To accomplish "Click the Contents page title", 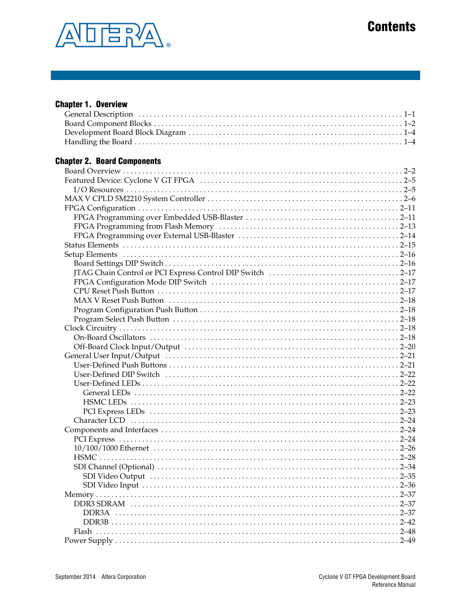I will (x=391, y=27).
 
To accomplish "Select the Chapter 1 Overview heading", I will (x=91, y=104).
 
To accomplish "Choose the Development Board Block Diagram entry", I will (x=125, y=132).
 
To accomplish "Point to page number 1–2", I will (x=409, y=123).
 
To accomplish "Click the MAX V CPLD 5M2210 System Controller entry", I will (x=134, y=199).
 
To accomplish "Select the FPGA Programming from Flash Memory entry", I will (x=144, y=226).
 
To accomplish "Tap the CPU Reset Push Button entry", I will (x=114, y=291).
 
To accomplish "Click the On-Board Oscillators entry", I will (x=110, y=337).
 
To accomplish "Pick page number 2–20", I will (x=407, y=347).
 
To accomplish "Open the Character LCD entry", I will (x=99, y=420).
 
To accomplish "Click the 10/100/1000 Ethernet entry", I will (x=111, y=448).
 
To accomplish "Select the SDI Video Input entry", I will (x=111, y=485).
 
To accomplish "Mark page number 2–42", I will (x=407, y=522).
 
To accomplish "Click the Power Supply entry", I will (x=88, y=540).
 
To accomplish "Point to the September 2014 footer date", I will (x=76, y=577).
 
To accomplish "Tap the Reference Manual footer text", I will (x=393, y=585).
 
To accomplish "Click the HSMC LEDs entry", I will (x=105, y=402).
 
